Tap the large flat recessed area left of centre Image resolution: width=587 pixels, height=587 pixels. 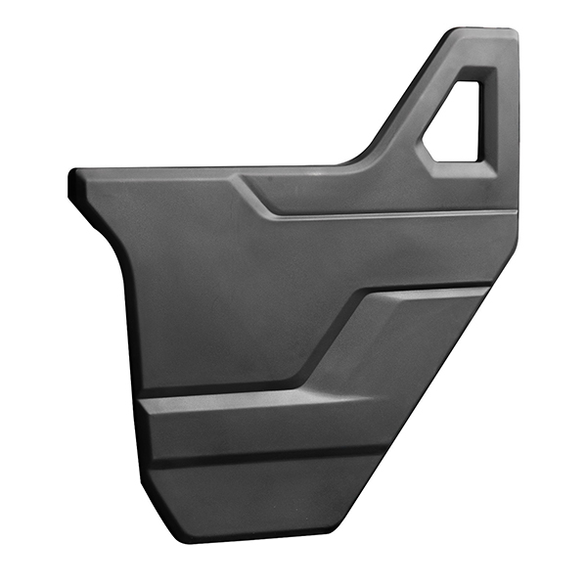(215, 293)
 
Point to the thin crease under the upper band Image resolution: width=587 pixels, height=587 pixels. (391, 216)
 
